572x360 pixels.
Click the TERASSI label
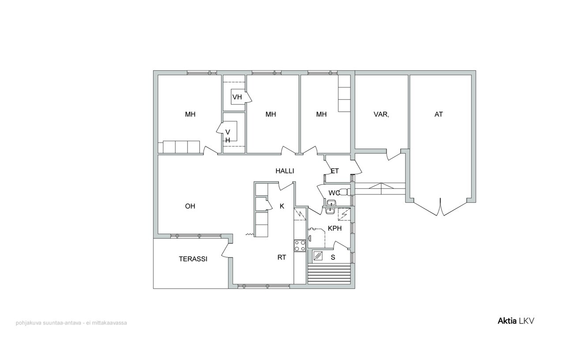pyautogui.click(x=193, y=259)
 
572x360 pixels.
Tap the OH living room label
pyautogui.click(x=190, y=206)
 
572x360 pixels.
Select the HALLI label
pyautogui.click(x=285, y=171)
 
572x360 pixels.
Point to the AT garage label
pyautogui.click(x=438, y=114)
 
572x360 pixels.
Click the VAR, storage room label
pyautogui.click(x=381, y=114)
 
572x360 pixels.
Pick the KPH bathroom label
pyautogui.click(x=335, y=228)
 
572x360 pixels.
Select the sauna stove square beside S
pyautogui.click(x=318, y=256)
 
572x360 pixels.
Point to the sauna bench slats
pyautogui.click(x=329, y=274)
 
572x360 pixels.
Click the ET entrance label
pyautogui.click(x=335, y=171)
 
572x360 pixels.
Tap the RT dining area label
pyautogui.click(x=282, y=258)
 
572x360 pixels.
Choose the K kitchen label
pyautogui.click(x=282, y=206)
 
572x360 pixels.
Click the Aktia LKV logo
pyautogui.click(x=516, y=321)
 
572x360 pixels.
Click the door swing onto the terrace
pyautogui.click(x=227, y=250)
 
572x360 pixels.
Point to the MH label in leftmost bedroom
pyautogui.click(x=190, y=114)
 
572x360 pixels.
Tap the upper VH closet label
pyautogui.click(x=237, y=97)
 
